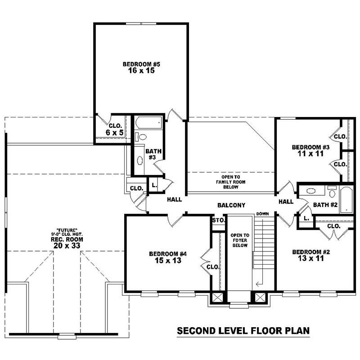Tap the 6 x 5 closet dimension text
click(114, 133)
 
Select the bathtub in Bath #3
click(148, 122)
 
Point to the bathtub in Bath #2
click(346, 199)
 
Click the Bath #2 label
click(325, 205)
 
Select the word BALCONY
click(231, 205)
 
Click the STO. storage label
click(218, 220)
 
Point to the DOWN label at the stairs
click(262, 213)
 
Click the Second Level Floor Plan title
click(243, 331)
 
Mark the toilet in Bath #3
click(143, 137)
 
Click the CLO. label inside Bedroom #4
click(213, 267)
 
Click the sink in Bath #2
click(311, 190)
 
